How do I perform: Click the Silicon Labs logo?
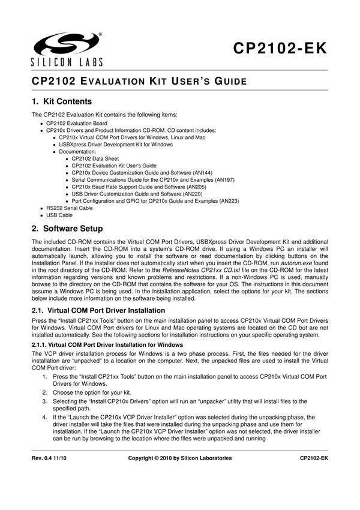point(67,47)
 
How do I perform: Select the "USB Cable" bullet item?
point(59,215)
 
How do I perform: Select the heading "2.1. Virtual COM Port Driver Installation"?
point(98,310)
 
